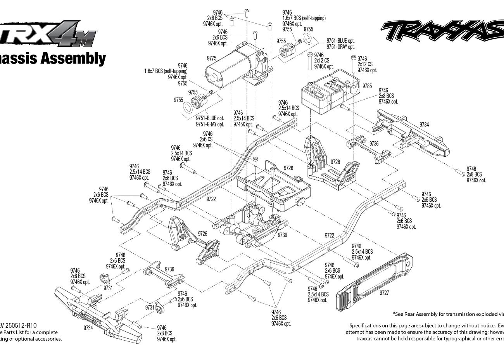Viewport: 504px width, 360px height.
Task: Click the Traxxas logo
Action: (442, 31)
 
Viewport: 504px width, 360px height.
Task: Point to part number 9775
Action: (211, 58)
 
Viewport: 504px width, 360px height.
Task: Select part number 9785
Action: (367, 85)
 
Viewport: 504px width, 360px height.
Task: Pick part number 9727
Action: (384, 293)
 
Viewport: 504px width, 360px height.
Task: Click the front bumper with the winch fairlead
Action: (97, 314)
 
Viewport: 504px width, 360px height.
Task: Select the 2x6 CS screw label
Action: (206, 139)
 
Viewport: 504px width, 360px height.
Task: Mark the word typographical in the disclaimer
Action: (454, 339)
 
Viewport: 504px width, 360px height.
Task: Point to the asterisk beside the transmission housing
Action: (263, 48)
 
